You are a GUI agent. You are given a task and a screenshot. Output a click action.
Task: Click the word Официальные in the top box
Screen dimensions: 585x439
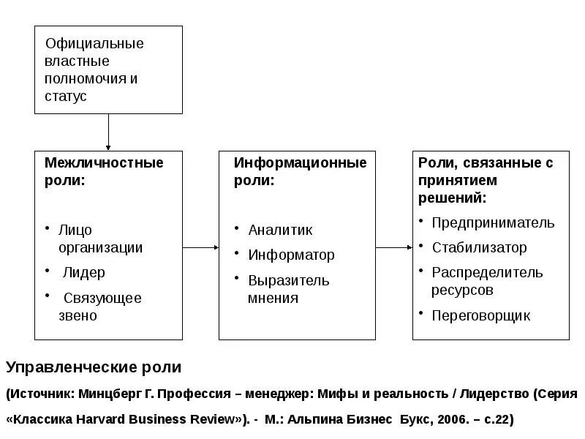[x=94, y=44]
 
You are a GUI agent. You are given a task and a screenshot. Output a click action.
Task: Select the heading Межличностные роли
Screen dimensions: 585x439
[x=104, y=171]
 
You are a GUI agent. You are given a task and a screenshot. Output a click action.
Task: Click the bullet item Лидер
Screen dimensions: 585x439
[x=83, y=273]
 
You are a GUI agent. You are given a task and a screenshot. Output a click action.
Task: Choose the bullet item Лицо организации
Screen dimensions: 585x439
[x=100, y=239]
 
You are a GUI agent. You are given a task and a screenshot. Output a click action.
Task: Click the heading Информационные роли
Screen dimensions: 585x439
[x=300, y=171]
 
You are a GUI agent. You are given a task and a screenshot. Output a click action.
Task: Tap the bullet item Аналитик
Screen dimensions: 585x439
[x=280, y=230]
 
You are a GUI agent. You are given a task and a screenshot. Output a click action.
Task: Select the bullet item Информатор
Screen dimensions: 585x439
[x=291, y=255]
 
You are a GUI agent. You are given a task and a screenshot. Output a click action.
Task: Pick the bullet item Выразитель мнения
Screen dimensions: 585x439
[x=288, y=289]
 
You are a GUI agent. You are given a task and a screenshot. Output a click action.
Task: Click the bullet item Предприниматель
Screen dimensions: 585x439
[x=493, y=223]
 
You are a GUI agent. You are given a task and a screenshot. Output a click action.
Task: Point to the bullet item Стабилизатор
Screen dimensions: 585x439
[x=479, y=248]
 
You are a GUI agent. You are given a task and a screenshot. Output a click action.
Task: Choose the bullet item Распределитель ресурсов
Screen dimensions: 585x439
[x=486, y=281]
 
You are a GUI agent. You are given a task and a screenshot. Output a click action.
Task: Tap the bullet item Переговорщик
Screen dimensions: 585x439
[x=480, y=316]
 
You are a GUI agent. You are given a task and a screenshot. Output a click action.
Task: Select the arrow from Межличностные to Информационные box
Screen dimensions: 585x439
[x=200, y=247]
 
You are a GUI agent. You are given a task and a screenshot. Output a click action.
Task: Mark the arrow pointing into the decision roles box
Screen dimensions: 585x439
[x=394, y=247]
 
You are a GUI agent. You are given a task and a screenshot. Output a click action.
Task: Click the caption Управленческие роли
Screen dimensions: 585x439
[x=93, y=367]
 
